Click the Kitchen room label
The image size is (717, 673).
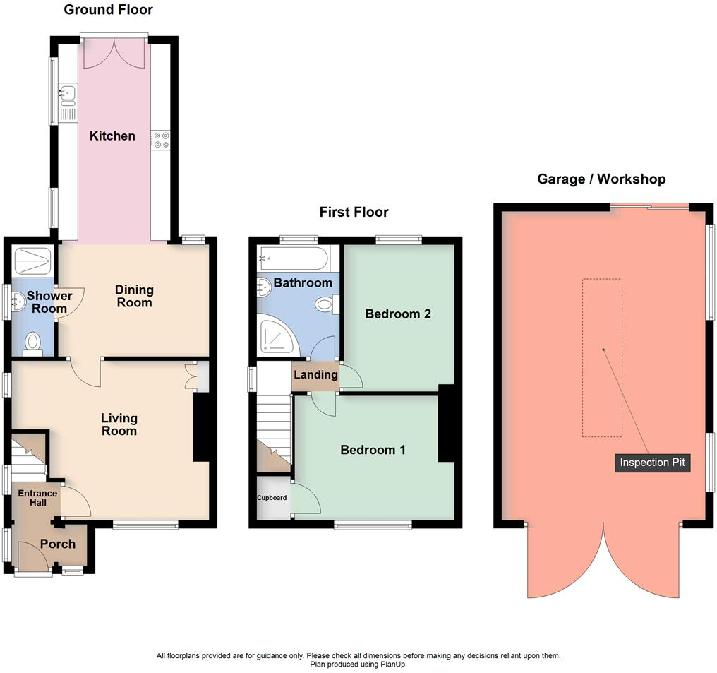coord(112,136)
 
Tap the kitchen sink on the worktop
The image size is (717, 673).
coord(68,92)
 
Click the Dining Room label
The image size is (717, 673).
coord(134,296)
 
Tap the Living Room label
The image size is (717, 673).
coord(119,424)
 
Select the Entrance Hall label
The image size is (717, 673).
coord(32,497)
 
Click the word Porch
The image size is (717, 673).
coord(58,544)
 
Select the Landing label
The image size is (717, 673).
coord(315,374)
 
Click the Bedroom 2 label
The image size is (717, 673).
coord(398,314)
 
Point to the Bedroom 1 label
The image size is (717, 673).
coord(373,450)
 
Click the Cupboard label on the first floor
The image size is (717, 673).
coord(272,498)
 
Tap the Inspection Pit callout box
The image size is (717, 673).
coord(652,463)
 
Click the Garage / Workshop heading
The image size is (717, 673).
coord(601,179)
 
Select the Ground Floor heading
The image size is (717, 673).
coord(108,10)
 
